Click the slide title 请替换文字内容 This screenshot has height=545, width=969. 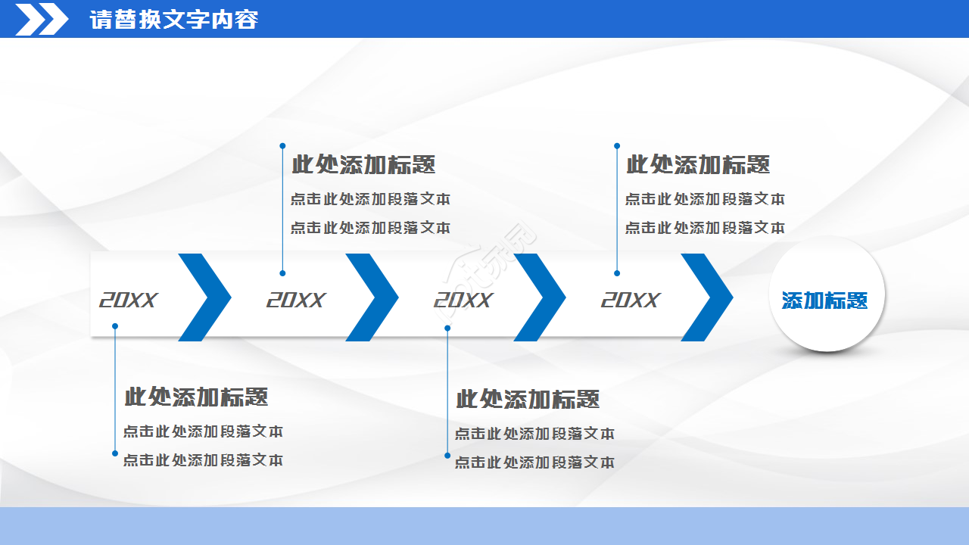173,20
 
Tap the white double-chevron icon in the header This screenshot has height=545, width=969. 42,19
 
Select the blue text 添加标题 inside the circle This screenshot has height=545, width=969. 824,301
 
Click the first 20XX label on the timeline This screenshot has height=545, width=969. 128,301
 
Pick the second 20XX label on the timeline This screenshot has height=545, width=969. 295,301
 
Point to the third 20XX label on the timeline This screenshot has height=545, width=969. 463,301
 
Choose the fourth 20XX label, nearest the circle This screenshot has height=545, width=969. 631,301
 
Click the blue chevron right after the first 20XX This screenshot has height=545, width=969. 205,297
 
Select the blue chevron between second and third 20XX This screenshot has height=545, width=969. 372,297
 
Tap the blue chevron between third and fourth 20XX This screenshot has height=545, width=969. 540,297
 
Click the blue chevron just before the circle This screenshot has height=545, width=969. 707,297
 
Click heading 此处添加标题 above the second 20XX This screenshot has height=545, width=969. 363,164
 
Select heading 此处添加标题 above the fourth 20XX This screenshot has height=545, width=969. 698,164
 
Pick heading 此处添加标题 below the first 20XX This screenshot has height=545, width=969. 196,397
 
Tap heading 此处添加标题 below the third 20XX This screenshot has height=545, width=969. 528,399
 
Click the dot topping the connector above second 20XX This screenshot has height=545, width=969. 282,145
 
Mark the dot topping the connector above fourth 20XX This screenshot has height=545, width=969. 617,145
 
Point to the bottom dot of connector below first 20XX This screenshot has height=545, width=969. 115,453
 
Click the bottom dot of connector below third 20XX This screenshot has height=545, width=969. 447,456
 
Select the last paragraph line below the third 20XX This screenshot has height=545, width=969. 534,462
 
